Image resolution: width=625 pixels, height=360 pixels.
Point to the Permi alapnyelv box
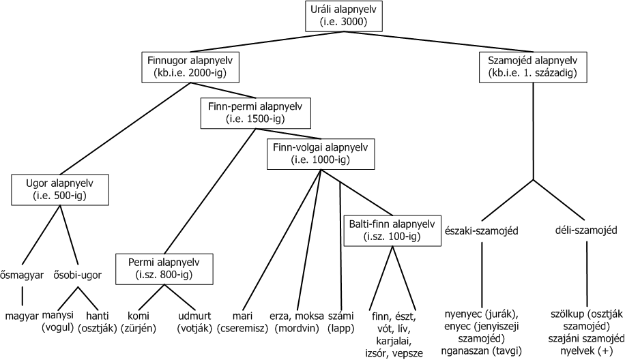pyautogui.click(x=164, y=268)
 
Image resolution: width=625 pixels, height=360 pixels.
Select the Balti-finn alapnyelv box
pyautogui.click(x=391, y=230)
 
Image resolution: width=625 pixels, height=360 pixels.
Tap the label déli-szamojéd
pyautogui.click(x=586, y=230)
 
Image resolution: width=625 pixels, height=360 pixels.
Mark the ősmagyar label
pyautogui.click(x=23, y=275)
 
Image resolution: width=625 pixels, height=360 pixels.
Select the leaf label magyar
pyautogui.click(x=22, y=316)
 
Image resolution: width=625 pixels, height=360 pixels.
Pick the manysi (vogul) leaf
pyautogui.click(x=61, y=322)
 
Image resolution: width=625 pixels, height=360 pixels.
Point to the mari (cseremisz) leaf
pyautogui.click(x=244, y=322)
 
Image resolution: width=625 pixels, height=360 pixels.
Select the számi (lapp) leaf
pyautogui.click(x=339, y=322)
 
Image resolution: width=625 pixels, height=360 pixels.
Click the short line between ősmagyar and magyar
pyautogui.click(x=23, y=296)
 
